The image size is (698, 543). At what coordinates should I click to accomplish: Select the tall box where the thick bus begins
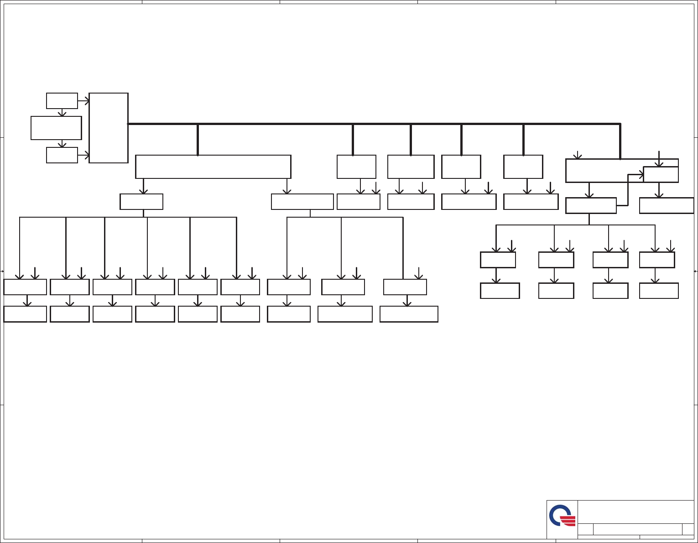pyautogui.click(x=109, y=128)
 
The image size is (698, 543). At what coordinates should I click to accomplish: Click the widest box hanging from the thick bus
pyautogui.click(x=213, y=167)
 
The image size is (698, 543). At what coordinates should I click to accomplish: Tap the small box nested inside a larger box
pyautogui.click(x=661, y=174)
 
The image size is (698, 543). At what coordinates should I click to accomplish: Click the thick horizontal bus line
pyautogui.click(x=374, y=124)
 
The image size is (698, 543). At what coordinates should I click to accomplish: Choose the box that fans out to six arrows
pyautogui.click(x=141, y=202)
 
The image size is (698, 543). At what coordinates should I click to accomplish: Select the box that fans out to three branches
pyautogui.click(x=302, y=202)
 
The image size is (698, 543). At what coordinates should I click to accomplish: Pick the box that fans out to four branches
pyautogui.click(x=591, y=205)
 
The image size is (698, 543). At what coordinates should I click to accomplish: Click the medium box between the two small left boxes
pyautogui.click(x=56, y=128)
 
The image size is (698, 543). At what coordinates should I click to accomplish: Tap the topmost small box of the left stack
pyautogui.click(x=62, y=101)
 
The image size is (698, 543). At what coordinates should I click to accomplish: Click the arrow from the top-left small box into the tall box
pyautogui.click(x=83, y=101)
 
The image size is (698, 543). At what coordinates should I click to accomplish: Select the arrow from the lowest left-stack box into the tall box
pyautogui.click(x=83, y=155)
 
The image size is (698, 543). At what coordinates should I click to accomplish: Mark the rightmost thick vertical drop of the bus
pyautogui.click(x=620, y=141)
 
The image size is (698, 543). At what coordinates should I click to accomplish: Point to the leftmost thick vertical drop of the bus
pyautogui.click(x=198, y=140)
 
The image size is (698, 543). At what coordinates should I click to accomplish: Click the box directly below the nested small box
pyautogui.click(x=667, y=205)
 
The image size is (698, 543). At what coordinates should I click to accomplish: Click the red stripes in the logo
pyautogui.click(x=568, y=521)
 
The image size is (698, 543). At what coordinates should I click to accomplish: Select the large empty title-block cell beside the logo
pyautogui.click(x=635, y=512)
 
